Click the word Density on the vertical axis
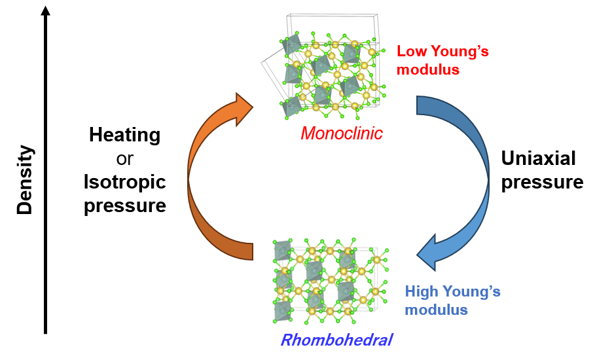tap(25, 180)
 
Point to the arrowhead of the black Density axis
tap(46, 11)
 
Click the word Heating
tap(125, 135)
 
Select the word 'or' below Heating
tap(125, 159)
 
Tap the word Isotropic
tap(125, 182)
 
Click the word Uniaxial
tap(539, 158)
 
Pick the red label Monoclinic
tap(342, 134)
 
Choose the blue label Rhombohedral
tap(336, 340)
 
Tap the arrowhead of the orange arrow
tap(243, 107)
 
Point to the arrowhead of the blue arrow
tap(426, 253)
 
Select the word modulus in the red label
tap(428, 69)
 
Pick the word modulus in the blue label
tap(437, 310)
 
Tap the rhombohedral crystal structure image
tap(330, 281)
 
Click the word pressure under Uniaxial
tap(542, 183)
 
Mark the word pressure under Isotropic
tap(125, 206)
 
